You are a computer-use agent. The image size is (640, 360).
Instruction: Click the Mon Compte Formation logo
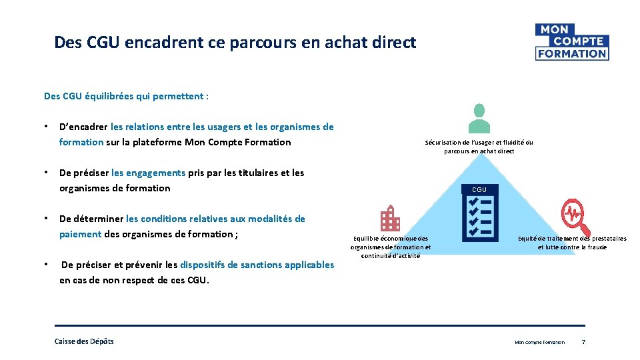pos(571,41)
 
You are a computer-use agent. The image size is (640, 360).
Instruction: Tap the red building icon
pos(389,219)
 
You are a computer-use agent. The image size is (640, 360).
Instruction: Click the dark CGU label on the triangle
pos(479,189)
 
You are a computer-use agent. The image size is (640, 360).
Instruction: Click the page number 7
pos(583,342)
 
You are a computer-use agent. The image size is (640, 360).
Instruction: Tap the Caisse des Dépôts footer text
pos(84,341)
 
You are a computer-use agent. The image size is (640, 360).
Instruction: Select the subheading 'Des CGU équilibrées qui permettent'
pos(126,96)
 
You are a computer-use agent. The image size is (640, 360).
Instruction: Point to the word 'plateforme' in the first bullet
pos(153,142)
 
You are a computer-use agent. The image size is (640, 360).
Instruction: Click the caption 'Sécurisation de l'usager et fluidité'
pos(479,142)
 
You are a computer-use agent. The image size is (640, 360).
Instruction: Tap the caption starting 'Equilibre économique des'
pos(391,238)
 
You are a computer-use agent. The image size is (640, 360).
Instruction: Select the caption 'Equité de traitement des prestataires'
pos(572,238)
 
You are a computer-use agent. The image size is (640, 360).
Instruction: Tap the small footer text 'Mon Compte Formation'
pos(539,343)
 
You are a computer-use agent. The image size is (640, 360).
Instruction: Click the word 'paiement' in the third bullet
pos(80,234)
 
